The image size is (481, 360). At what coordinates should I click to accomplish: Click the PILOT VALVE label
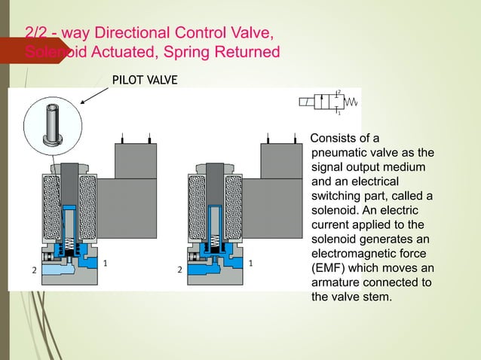click(x=146, y=78)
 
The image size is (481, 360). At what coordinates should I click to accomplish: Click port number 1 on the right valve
click(x=249, y=263)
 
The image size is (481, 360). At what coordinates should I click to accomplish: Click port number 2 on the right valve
click(x=179, y=269)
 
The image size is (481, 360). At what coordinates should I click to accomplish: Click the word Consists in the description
click(x=334, y=138)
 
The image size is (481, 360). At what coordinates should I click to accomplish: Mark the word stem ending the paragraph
click(x=377, y=297)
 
